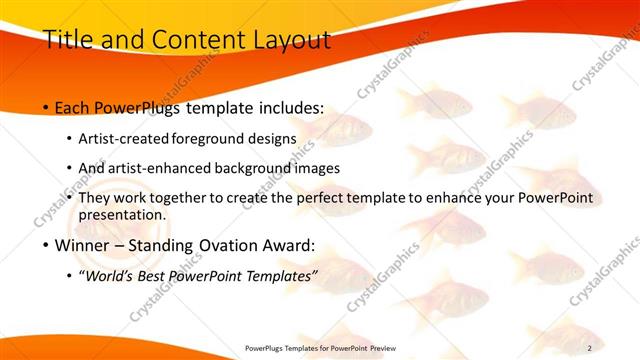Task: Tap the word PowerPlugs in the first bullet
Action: [x=137, y=106]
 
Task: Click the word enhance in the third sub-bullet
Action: [x=455, y=198]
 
